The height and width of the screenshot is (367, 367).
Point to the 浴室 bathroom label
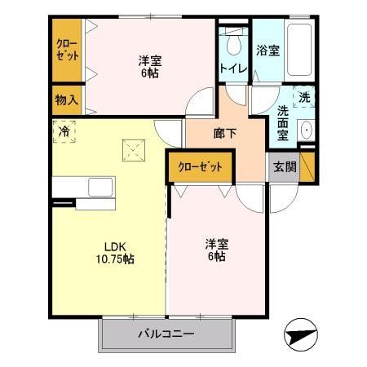pyautogui.click(x=268, y=50)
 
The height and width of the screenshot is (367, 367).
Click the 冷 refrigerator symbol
pyautogui.click(x=63, y=129)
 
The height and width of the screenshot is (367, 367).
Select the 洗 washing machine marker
pyautogui.click(x=303, y=96)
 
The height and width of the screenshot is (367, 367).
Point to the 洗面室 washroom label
pyautogui.click(x=282, y=122)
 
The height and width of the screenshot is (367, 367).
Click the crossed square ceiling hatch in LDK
pyautogui.click(x=132, y=150)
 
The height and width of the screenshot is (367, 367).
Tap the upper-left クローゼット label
pyautogui.click(x=67, y=50)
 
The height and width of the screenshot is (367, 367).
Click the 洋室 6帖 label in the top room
pyautogui.click(x=148, y=66)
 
